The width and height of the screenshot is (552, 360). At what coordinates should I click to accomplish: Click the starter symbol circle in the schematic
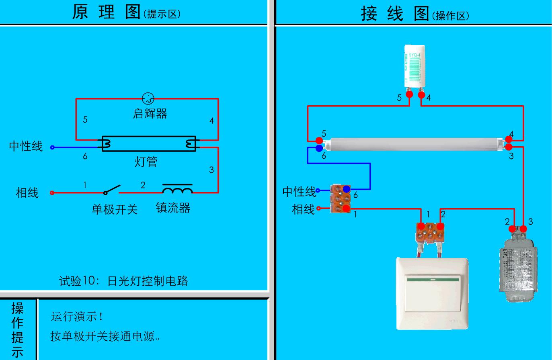coord(148,98)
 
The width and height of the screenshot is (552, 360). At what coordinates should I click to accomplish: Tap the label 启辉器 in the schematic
coord(150,114)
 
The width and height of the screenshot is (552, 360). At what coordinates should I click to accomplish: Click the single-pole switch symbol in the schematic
coord(112,190)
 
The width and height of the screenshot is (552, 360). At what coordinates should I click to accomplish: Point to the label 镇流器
coord(173,208)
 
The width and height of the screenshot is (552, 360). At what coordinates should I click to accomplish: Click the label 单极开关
coord(115,209)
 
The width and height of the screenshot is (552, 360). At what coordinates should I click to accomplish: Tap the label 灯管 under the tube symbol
coord(146,162)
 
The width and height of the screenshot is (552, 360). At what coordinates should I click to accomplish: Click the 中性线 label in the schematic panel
coord(26,146)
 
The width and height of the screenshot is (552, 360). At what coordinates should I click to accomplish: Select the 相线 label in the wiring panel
coord(303,209)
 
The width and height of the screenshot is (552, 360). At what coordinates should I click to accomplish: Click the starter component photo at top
coord(415,66)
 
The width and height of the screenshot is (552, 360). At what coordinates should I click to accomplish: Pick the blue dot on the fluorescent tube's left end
coord(319,148)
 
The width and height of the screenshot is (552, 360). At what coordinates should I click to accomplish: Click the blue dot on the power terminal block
coord(346,189)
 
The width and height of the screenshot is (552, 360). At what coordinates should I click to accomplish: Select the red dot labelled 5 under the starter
coord(409,95)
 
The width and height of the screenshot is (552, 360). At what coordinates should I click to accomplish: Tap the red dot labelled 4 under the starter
coord(421,95)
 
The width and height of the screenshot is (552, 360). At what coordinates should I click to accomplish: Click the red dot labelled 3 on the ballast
coord(523,229)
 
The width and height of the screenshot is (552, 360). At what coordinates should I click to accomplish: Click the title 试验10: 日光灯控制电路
coord(123,281)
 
